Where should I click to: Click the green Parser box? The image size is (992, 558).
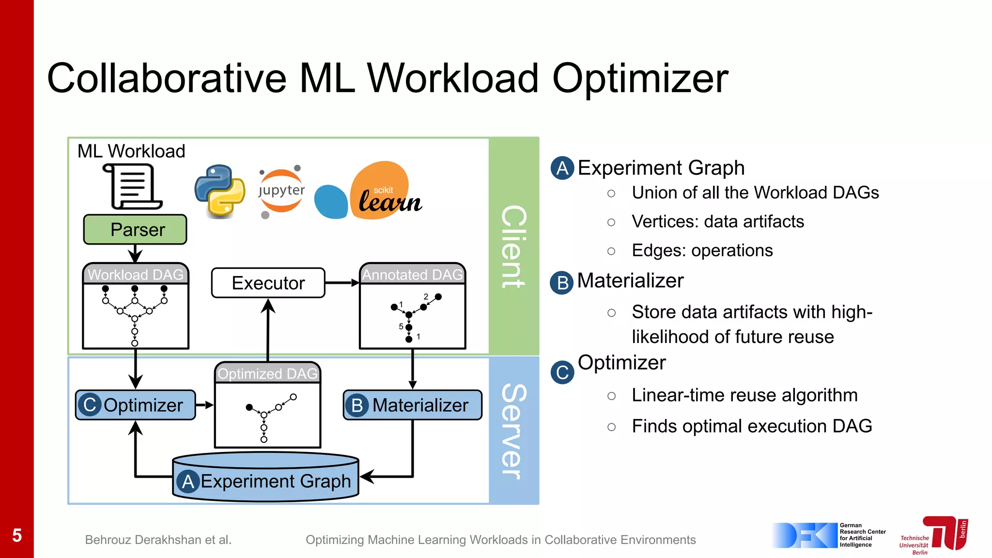(x=135, y=230)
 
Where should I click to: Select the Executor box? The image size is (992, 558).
(x=268, y=283)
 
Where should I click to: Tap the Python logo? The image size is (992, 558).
(x=219, y=190)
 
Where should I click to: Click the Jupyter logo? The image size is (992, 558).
(x=281, y=191)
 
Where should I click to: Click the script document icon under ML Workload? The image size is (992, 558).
(x=132, y=186)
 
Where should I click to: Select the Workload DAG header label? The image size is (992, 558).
(x=136, y=275)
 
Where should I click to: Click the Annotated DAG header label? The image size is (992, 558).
(x=413, y=275)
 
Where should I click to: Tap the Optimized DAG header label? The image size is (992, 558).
(x=267, y=373)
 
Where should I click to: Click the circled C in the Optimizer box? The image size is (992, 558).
(x=90, y=405)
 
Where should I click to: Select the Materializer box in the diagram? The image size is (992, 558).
(x=413, y=405)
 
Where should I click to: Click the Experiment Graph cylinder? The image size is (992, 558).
(x=265, y=477)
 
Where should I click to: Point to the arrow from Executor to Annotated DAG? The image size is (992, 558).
(x=342, y=283)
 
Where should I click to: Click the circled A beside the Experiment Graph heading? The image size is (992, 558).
(x=562, y=168)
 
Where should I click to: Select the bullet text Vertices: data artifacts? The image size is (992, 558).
(x=717, y=222)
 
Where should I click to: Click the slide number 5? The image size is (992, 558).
(x=17, y=535)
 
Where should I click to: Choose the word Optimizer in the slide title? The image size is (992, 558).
(x=640, y=78)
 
